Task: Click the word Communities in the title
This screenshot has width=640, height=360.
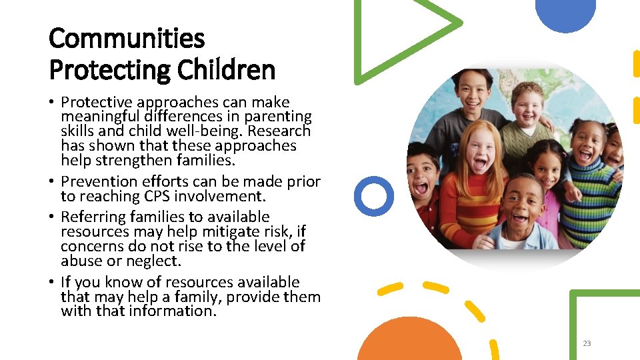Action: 127,39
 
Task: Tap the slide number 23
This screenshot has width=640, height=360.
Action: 587,343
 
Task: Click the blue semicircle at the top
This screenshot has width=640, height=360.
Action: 565,13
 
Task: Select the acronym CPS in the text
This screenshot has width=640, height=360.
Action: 160,196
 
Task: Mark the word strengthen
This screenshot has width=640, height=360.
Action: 139,160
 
